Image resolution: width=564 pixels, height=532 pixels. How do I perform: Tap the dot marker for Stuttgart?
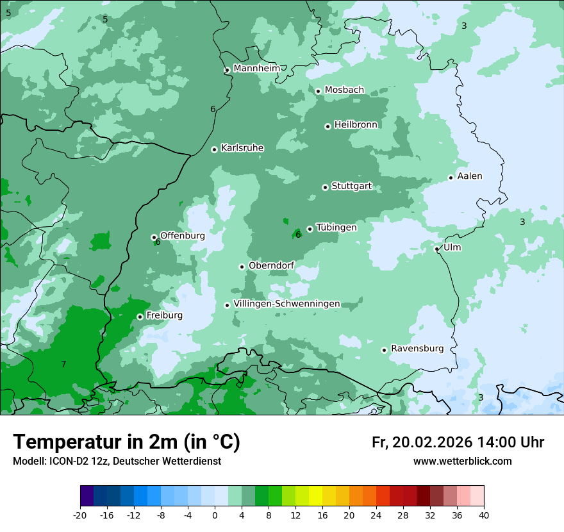point(325,187)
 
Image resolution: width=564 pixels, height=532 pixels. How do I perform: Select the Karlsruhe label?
point(242,147)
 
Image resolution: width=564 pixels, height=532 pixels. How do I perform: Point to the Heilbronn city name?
point(356,124)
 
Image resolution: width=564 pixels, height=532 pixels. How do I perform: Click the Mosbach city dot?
point(318,91)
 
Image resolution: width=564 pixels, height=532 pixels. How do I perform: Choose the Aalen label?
point(470,176)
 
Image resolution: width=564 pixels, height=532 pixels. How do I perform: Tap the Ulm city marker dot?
point(436,249)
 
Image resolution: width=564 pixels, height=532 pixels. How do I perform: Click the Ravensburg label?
point(417,348)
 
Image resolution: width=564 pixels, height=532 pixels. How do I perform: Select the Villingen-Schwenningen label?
point(286,303)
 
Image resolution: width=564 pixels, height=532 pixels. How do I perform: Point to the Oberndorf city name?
point(271,265)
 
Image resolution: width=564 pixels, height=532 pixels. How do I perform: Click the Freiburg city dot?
point(140,317)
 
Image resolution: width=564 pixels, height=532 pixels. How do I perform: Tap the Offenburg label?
point(183,235)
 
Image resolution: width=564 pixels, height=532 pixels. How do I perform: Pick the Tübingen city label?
point(336,227)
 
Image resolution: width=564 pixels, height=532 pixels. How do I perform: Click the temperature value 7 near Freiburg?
point(63,364)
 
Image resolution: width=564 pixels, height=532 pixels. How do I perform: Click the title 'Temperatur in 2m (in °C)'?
point(127,442)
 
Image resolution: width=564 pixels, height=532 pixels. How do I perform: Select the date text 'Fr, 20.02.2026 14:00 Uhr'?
point(458,442)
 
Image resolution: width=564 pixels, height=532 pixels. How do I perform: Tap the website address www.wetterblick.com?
point(462,461)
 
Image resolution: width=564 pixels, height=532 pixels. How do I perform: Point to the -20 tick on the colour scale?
point(80,515)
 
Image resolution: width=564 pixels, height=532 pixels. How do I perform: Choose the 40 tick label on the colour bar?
point(484,515)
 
